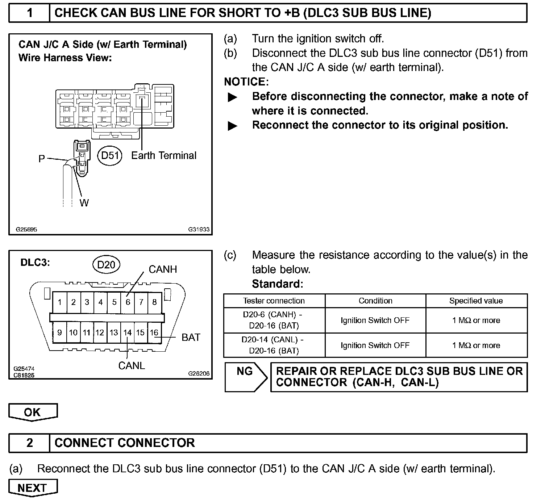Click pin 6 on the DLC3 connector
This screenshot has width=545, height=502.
point(128,302)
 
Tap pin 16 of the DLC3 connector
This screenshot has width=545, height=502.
point(154,332)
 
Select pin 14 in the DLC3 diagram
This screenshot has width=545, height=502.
point(127,332)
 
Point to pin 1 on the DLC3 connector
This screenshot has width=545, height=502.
point(60,302)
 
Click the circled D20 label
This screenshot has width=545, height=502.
point(106,265)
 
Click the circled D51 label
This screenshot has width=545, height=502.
point(110,156)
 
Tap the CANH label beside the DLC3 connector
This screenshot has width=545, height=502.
point(163,269)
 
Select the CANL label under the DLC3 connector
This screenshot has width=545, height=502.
point(132,366)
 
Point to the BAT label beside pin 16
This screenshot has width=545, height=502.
point(191,338)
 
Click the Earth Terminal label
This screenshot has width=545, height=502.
point(164,156)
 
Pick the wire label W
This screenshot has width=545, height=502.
point(84,203)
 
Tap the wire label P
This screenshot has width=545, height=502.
point(42,159)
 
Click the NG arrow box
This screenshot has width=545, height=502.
point(246,377)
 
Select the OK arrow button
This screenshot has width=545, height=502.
point(33,412)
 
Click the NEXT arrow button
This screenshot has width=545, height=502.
point(33,488)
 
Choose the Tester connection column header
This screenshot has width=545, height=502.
point(274,301)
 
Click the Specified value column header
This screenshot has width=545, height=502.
point(476,301)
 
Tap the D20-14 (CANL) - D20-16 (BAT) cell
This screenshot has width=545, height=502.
point(274,345)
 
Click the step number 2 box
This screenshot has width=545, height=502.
point(29,443)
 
